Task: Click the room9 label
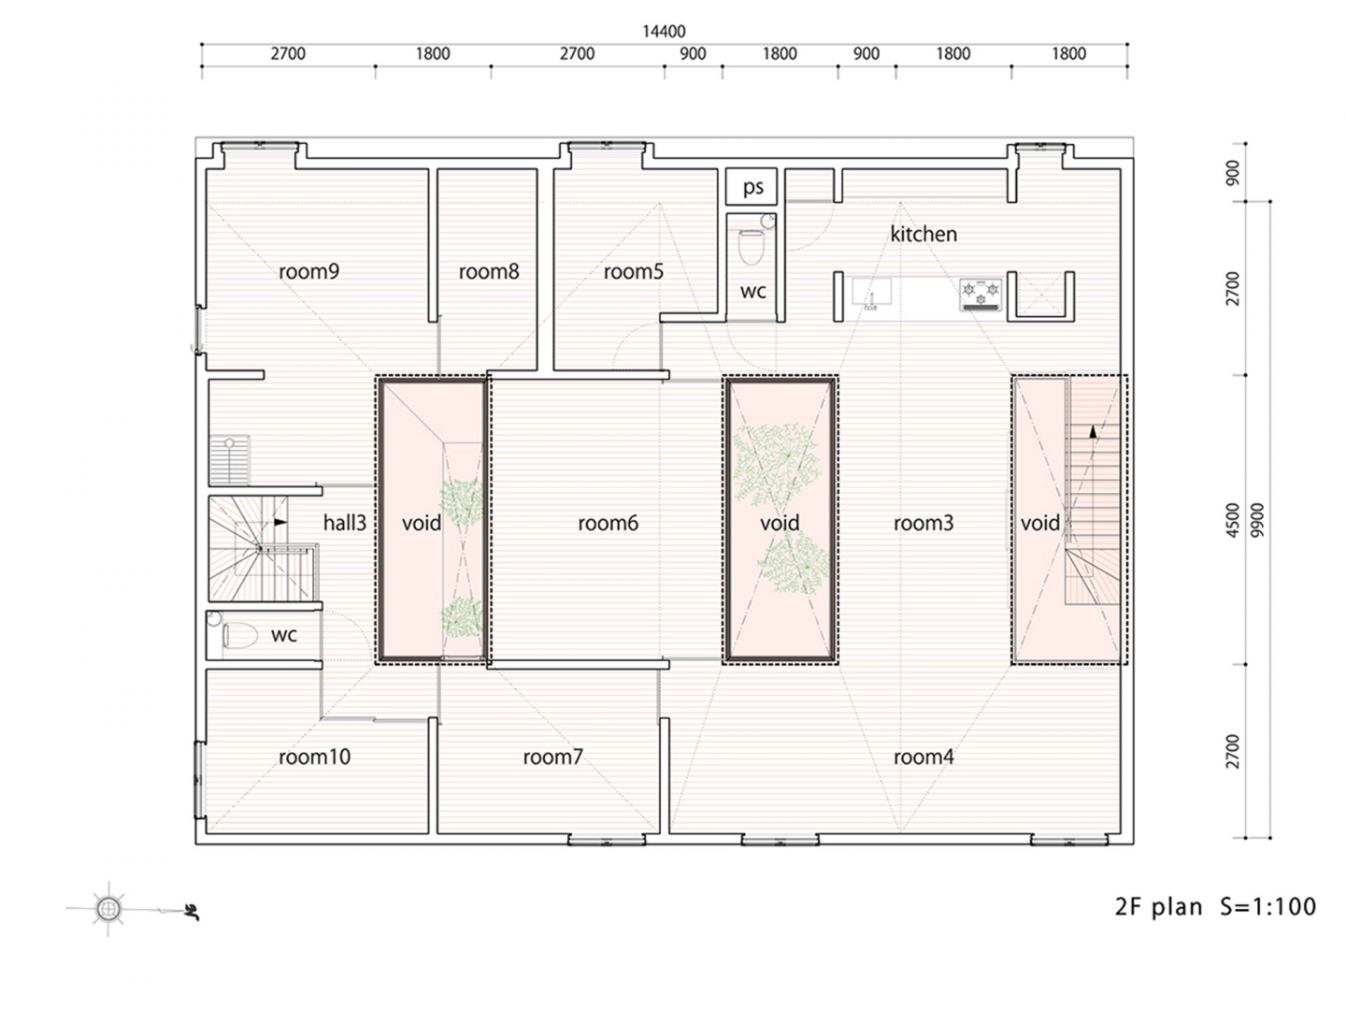click(308, 271)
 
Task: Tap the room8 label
click(489, 271)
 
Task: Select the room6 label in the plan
click(608, 523)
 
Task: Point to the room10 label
click(314, 757)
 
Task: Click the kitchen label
click(924, 234)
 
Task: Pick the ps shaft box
click(752, 186)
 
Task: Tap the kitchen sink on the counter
click(871, 293)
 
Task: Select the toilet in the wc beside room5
click(750, 245)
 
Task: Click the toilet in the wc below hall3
click(240, 635)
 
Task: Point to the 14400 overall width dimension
click(664, 31)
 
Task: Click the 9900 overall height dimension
click(1257, 520)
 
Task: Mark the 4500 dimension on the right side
click(1233, 520)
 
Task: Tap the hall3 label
click(345, 523)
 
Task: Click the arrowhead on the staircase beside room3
click(1093, 432)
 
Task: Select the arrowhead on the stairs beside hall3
click(280, 522)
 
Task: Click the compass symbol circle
click(107, 908)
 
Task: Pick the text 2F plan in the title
click(1158, 907)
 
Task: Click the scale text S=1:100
click(1267, 906)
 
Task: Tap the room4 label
click(924, 757)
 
